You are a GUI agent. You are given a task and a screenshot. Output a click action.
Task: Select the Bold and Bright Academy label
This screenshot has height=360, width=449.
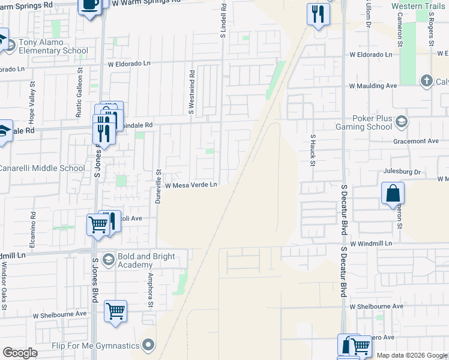click(146, 260)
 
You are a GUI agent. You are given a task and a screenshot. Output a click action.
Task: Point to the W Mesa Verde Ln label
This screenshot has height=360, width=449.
click(191, 185)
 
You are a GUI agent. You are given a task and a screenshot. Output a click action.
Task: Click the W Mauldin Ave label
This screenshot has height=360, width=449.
click(374, 86)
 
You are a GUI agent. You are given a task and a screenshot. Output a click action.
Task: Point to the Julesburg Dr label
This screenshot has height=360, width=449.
click(403, 172)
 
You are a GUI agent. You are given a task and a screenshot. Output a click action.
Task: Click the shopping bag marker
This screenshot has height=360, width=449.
click(393, 194)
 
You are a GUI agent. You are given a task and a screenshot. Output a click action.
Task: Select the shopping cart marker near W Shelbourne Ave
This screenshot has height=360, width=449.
click(115, 311)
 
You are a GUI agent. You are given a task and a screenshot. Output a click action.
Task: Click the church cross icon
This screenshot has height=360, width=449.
click(426, 81)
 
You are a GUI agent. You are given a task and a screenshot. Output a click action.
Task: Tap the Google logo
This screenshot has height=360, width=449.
click(20, 352)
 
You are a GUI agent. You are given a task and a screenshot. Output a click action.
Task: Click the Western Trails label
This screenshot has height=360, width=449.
click(420, 6)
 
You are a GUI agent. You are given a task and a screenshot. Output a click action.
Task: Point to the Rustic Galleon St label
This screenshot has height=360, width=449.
click(79, 85)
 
